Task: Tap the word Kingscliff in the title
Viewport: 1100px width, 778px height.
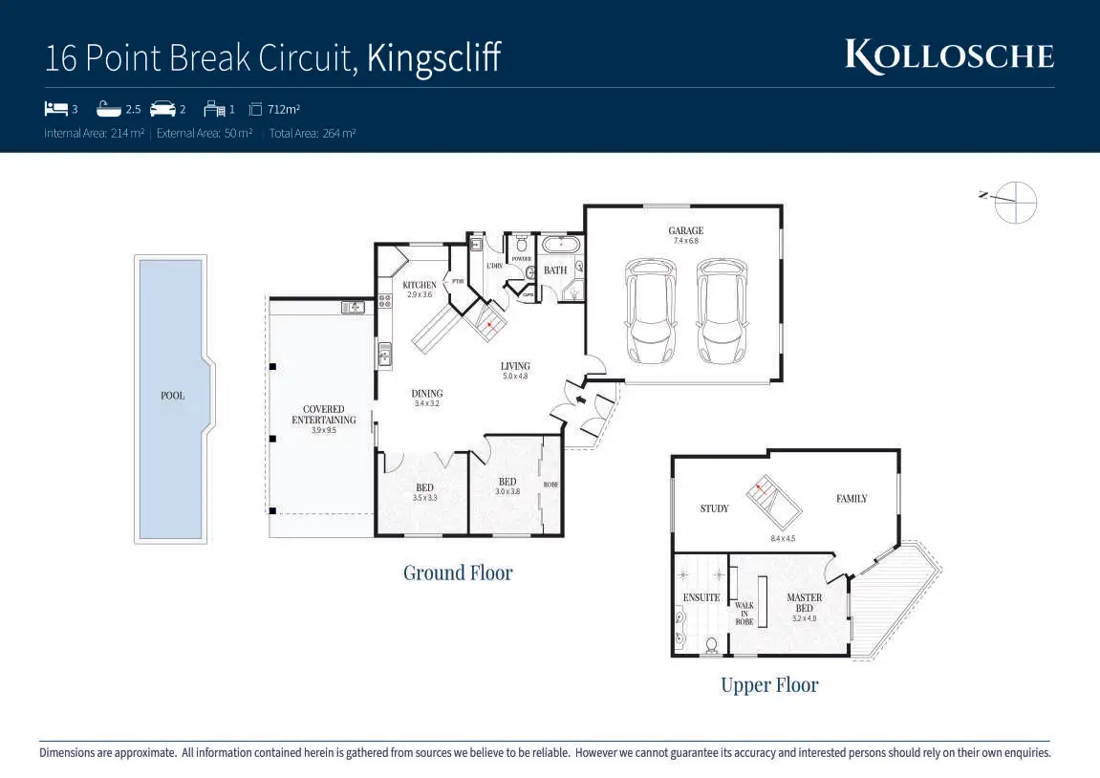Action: tap(433, 58)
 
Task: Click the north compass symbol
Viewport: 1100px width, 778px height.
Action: tap(1014, 201)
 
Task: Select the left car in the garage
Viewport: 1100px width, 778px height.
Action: tap(650, 312)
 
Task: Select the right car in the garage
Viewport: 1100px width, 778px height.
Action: tap(722, 312)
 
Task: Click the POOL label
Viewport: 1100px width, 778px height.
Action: tap(172, 396)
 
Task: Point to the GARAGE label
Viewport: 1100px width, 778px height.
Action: tap(685, 230)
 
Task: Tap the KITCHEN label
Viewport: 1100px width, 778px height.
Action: tap(420, 285)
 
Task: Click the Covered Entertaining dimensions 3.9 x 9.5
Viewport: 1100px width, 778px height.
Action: tap(323, 430)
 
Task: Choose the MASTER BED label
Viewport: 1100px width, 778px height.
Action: tap(804, 603)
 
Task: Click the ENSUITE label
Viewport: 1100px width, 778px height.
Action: tap(701, 598)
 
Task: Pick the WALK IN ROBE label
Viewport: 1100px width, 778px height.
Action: tap(744, 614)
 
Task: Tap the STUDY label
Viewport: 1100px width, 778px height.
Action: tap(714, 508)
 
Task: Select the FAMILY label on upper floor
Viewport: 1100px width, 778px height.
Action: tap(852, 498)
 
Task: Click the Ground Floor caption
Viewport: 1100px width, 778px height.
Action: tap(458, 573)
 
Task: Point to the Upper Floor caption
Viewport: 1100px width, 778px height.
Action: tap(769, 684)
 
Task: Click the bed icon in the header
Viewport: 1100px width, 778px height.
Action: tap(55, 108)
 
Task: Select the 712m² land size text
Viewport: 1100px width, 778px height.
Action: tap(284, 109)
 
